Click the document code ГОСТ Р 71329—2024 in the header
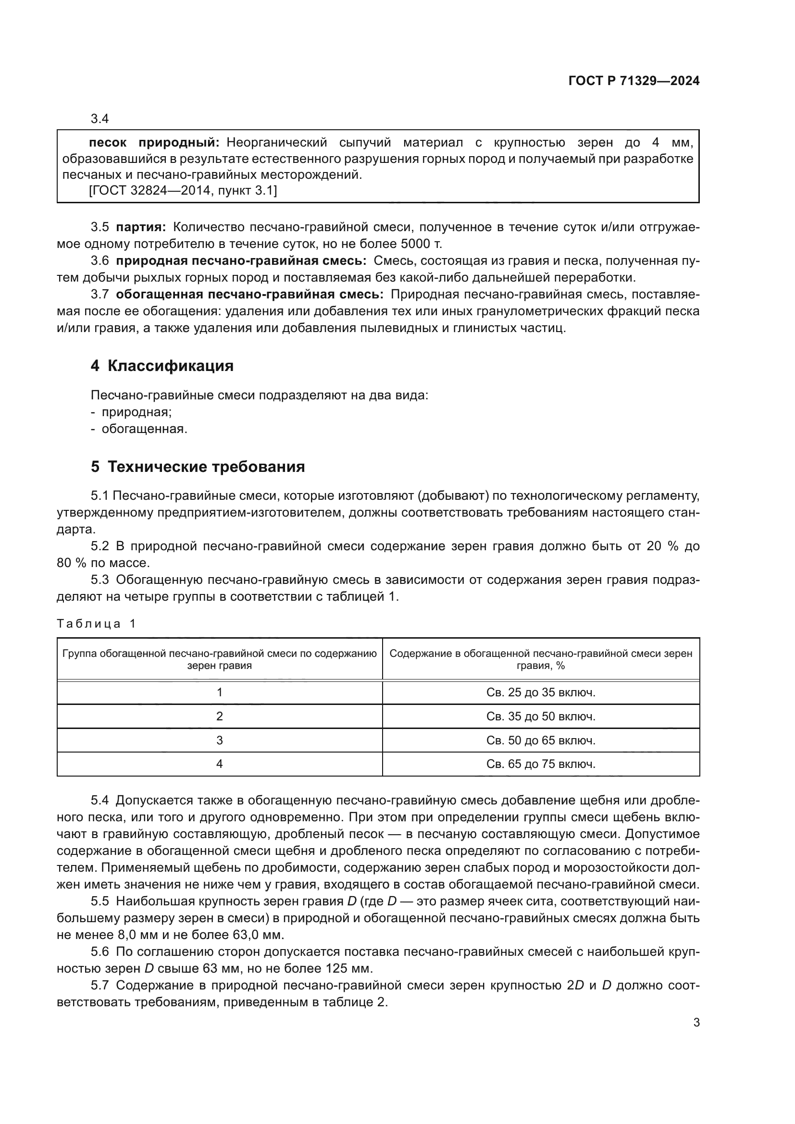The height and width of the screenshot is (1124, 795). pyautogui.click(x=634, y=81)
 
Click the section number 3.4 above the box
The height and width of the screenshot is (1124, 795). pyautogui.click(x=99, y=119)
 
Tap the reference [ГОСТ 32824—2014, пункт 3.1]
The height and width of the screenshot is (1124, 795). pyautogui.click(x=183, y=190)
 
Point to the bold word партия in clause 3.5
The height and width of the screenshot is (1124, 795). pyautogui.click(x=140, y=227)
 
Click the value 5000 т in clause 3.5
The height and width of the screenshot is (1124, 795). pyautogui.click(x=421, y=244)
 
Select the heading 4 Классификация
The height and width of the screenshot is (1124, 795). pyautogui.click(x=162, y=366)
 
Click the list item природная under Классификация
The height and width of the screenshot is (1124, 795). pyautogui.click(x=136, y=412)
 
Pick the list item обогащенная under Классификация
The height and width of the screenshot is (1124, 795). pyautogui.click(x=144, y=429)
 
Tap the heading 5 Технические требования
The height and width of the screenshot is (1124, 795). pyautogui.click(x=197, y=467)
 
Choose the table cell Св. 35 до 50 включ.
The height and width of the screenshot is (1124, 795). pyautogui.click(x=540, y=716)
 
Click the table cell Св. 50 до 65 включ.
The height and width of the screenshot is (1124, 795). pyautogui.click(x=540, y=740)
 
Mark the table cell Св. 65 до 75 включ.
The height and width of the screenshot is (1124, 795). pyautogui.click(x=540, y=764)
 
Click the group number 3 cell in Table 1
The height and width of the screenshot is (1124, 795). pyautogui.click(x=219, y=740)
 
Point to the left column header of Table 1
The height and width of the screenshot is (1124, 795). pyautogui.click(x=219, y=659)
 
